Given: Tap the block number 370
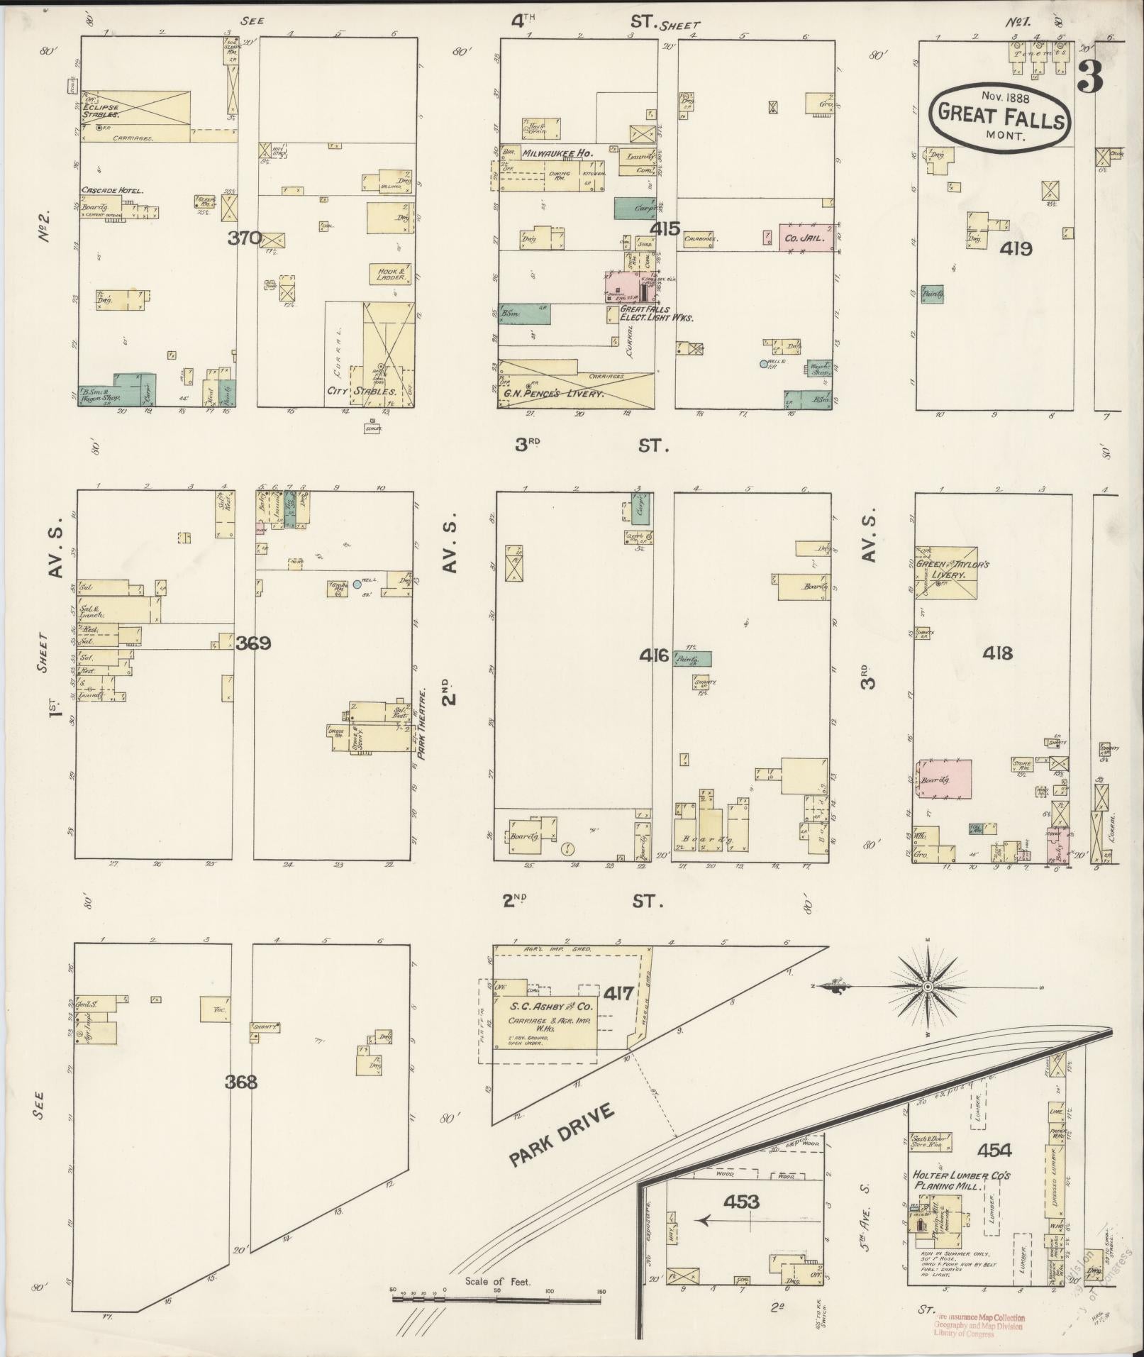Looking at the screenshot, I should click(244, 238).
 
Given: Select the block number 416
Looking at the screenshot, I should click(654, 655).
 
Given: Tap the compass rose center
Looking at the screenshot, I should click(928, 987).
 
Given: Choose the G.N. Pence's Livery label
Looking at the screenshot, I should click(554, 393).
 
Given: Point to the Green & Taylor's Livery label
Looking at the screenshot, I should click(951, 570).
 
